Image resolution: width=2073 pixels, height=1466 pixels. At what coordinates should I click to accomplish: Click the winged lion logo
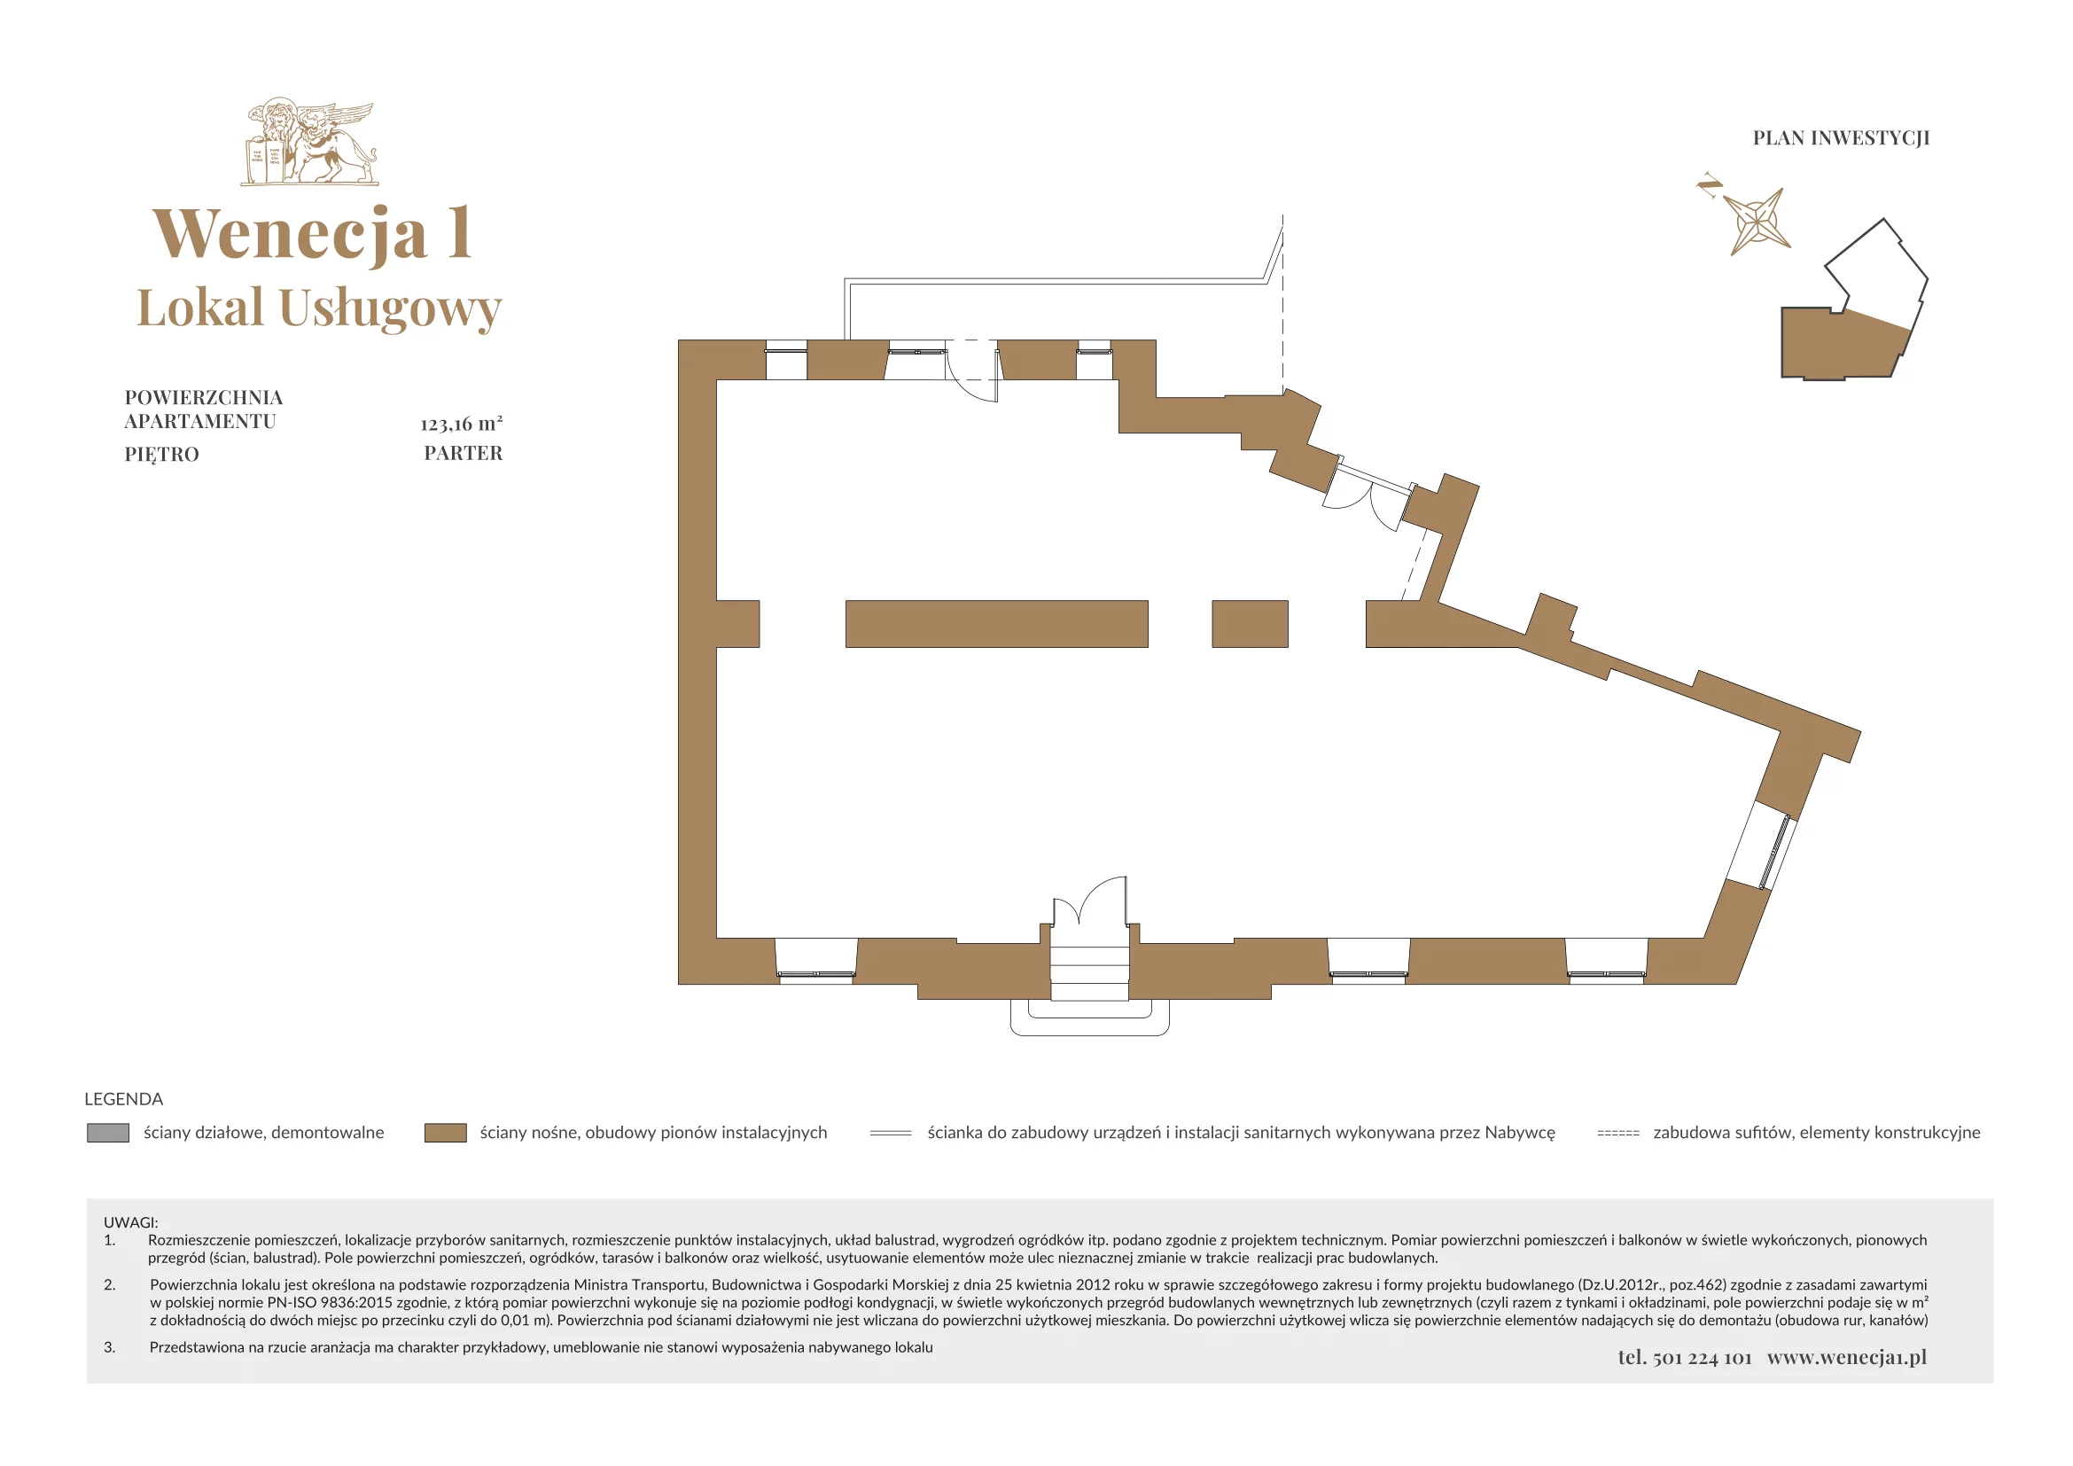(x=309, y=143)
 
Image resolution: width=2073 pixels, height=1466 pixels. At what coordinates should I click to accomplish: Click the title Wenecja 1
(x=312, y=234)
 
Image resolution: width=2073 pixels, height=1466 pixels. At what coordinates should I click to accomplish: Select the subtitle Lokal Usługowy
(x=319, y=308)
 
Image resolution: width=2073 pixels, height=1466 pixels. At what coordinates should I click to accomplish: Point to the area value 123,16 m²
(x=462, y=424)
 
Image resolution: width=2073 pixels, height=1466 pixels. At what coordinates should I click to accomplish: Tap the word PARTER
(x=464, y=453)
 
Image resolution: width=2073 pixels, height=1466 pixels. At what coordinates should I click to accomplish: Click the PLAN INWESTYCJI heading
(x=1841, y=138)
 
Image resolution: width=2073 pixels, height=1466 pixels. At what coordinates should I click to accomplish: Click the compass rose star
(x=1756, y=222)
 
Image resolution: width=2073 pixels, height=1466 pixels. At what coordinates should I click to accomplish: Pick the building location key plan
(x=1853, y=300)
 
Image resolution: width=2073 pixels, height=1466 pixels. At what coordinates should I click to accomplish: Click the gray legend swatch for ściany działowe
(x=107, y=1133)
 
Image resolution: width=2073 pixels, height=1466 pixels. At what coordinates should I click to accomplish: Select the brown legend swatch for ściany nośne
(x=445, y=1133)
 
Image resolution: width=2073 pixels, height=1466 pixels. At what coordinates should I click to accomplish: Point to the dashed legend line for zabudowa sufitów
(x=1618, y=1133)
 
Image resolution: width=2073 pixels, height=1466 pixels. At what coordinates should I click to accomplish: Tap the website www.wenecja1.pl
(x=1847, y=1358)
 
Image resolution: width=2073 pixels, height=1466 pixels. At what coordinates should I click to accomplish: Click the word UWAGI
(x=131, y=1222)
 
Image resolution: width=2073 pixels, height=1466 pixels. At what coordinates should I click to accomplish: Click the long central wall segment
(x=997, y=624)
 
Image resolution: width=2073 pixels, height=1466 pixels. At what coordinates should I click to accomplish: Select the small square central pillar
(x=1250, y=624)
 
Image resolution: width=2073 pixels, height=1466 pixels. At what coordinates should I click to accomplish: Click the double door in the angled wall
(x=1366, y=497)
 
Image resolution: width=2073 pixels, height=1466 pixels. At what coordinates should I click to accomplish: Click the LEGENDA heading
(x=124, y=1099)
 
